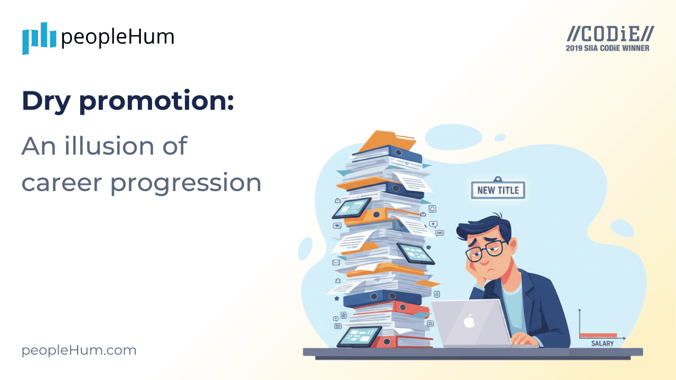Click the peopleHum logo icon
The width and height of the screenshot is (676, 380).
pyautogui.click(x=39, y=38)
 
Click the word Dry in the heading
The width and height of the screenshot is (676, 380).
pyautogui.click(x=45, y=101)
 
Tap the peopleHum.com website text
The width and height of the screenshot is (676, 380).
pyautogui.click(x=79, y=350)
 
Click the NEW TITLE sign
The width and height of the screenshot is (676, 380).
pyautogui.click(x=498, y=190)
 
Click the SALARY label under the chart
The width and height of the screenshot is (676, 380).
pyautogui.click(x=602, y=344)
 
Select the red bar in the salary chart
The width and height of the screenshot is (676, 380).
pyautogui.click(x=598, y=335)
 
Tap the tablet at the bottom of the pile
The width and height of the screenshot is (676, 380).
pyautogui.click(x=359, y=336)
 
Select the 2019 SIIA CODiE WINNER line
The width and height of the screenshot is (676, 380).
pyautogui.click(x=607, y=48)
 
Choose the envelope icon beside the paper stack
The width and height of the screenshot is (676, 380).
pyautogui.click(x=335, y=262)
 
